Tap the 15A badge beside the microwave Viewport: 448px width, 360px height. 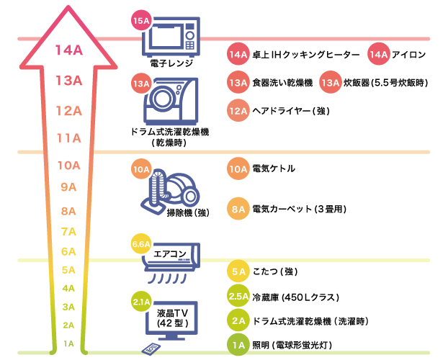(x=141, y=21)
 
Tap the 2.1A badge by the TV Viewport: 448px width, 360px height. (x=141, y=302)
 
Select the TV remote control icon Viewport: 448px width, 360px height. (x=153, y=348)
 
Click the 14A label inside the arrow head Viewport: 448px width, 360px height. (x=68, y=50)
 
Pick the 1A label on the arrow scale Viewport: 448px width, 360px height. (x=68, y=343)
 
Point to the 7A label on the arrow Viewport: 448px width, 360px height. (x=68, y=231)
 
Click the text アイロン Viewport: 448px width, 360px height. (x=411, y=55)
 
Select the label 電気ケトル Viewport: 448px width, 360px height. (x=273, y=168)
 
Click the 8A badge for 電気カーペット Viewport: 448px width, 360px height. (x=238, y=209)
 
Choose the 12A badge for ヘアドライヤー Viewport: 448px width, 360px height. (x=238, y=111)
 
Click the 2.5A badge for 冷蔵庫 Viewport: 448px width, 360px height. (x=238, y=297)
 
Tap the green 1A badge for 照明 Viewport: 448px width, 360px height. (x=238, y=344)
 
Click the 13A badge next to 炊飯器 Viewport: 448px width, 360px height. (x=330, y=83)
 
